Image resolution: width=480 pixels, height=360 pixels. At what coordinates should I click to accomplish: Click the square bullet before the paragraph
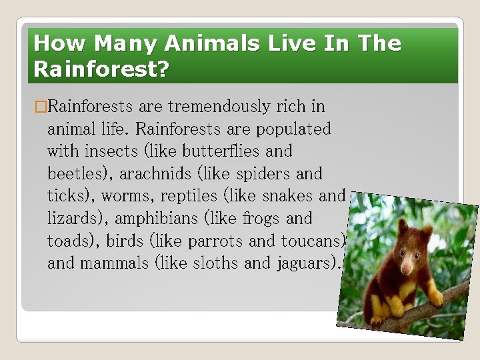coord(40,107)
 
